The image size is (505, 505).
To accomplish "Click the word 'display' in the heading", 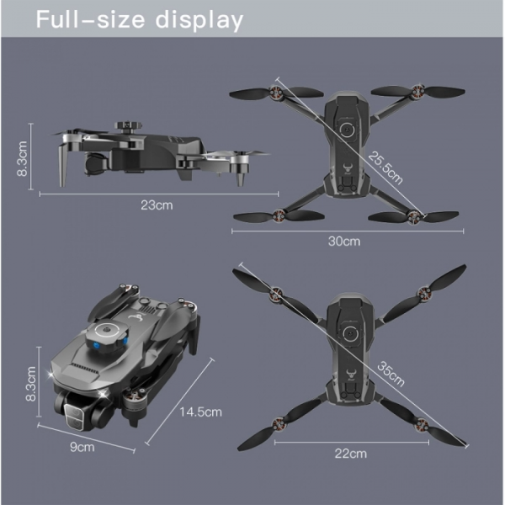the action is pos(199,20).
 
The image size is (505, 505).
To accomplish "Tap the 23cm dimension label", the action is pos(157,205).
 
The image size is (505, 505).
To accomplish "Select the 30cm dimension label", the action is pos(344,242).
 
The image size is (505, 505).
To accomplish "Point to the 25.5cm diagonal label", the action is pos(385,167).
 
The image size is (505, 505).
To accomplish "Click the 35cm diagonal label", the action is pos(391,374).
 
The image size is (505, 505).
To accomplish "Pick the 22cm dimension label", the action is pos(350,454).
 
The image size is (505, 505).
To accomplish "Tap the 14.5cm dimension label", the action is pos(200,412).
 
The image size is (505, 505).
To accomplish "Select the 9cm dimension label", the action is pos(82,447).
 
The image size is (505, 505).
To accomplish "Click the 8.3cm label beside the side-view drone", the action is pos(22,158).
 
